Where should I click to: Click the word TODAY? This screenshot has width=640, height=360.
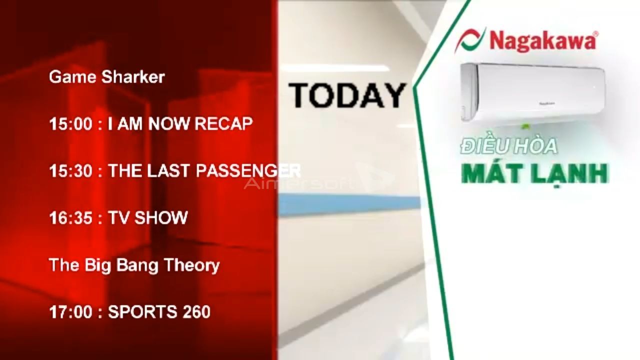347,95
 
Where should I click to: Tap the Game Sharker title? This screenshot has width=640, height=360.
107,77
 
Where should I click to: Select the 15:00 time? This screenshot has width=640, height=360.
71,124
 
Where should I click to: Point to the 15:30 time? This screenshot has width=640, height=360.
71,171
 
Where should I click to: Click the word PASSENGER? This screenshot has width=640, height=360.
248,170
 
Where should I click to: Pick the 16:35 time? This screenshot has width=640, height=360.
71,217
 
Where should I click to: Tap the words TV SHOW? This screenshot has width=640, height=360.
148,217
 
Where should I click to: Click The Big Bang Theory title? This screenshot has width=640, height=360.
134,265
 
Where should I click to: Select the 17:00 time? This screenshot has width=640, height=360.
71,311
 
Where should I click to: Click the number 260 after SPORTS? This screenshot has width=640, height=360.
196,311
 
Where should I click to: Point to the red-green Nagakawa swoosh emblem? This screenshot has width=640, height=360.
470,40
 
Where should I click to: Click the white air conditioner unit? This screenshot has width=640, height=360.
533,93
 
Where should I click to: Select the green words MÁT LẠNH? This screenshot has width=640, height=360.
535,173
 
